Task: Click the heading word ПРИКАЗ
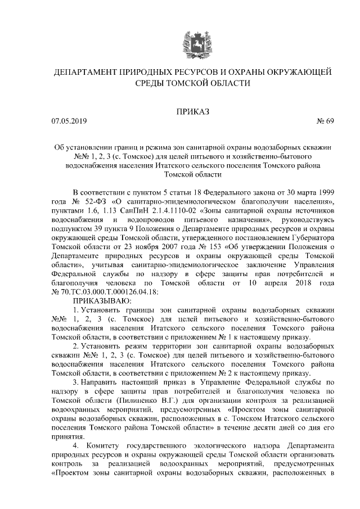pyautogui.click(x=192, y=111)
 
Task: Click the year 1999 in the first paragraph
pyautogui.click(x=325, y=192)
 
